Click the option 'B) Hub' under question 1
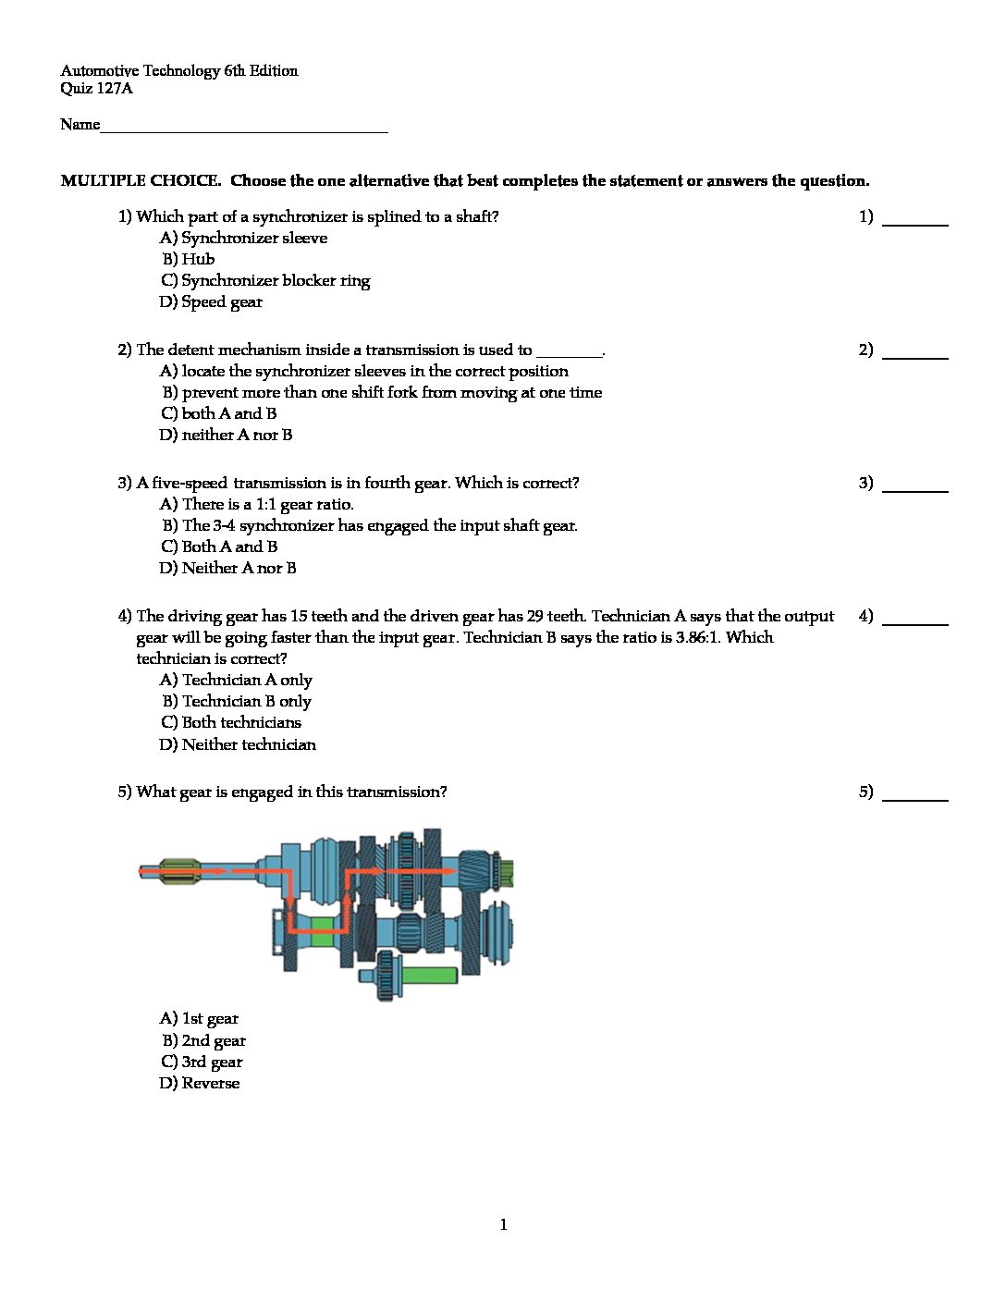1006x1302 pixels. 189,259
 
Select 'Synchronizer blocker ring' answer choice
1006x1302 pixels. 265,280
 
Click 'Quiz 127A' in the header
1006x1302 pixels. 96,89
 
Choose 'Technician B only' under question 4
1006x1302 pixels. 237,701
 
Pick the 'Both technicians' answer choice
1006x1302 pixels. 231,722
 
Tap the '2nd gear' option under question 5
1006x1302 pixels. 204,1040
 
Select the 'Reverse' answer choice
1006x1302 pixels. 200,1083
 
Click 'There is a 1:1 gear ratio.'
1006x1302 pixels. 257,504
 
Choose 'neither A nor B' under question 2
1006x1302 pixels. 226,435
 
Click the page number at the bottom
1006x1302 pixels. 503,1224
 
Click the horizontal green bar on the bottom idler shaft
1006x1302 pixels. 428,975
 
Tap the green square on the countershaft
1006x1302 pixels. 322,931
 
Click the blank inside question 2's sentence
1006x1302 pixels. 569,351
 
